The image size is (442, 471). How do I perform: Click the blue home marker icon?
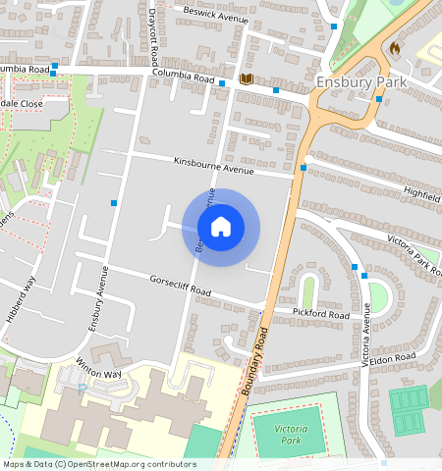[x=221, y=228]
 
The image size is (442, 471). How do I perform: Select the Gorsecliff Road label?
[x=181, y=286]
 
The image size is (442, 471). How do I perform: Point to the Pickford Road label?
[x=320, y=314]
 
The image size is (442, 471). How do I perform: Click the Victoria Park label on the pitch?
[x=291, y=435]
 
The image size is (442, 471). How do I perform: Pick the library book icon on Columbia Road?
[x=245, y=78]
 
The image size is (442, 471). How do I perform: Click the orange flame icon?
[x=395, y=46]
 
